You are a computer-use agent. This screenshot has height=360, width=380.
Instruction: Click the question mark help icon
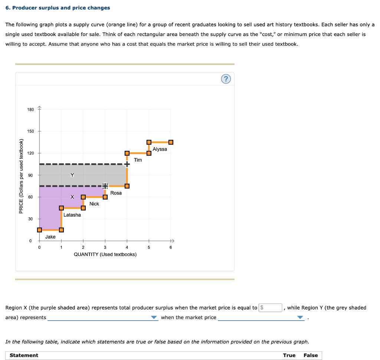(x=226, y=79)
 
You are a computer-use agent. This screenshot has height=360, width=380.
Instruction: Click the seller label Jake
(x=50, y=237)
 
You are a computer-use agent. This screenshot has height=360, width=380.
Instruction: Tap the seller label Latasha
(x=72, y=215)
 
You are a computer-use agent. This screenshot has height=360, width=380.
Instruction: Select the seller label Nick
(x=94, y=204)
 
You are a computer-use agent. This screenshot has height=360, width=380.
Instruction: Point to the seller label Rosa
(x=116, y=193)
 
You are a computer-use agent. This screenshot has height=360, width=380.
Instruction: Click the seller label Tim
(x=138, y=160)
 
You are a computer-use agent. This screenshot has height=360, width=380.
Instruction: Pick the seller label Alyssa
(x=160, y=149)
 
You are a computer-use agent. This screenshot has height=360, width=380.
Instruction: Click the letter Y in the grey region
(x=72, y=175)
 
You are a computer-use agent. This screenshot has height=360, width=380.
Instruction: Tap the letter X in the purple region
(x=72, y=197)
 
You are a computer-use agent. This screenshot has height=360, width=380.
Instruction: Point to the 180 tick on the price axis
(x=30, y=109)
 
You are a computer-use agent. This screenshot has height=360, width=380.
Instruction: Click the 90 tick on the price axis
(x=30, y=175)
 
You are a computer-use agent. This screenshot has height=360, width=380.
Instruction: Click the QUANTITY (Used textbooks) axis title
(x=105, y=254)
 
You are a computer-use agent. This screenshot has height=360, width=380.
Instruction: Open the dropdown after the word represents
(x=103, y=318)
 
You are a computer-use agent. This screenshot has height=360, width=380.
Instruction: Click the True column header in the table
(x=289, y=356)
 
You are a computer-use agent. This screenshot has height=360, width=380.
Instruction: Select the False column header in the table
(x=311, y=356)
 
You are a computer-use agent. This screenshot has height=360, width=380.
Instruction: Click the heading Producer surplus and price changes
(x=58, y=8)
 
